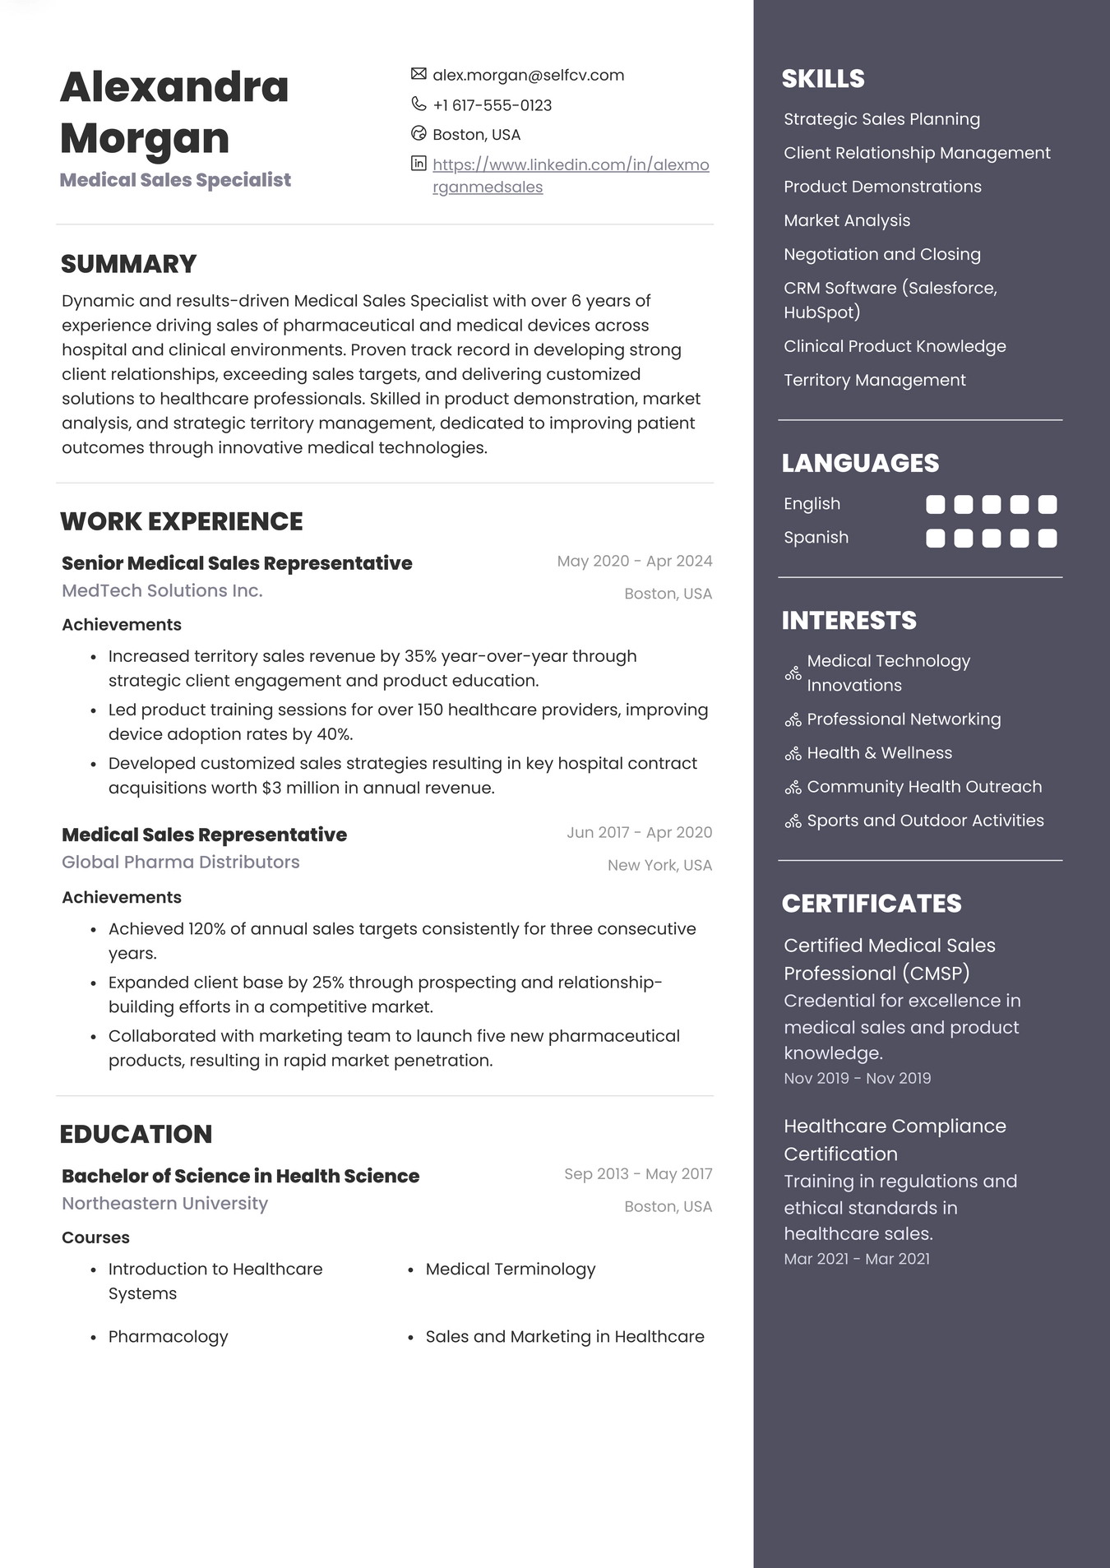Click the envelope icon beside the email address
(x=419, y=74)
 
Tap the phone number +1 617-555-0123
(x=492, y=105)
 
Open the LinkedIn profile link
(x=570, y=165)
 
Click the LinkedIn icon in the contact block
(x=419, y=163)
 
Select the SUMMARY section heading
(x=128, y=264)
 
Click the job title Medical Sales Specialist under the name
(x=175, y=180)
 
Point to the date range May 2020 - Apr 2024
(x=634, y=561)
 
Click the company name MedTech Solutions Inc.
(x=162, y=590)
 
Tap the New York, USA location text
(x=659, y=865)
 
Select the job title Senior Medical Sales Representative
(x=237, y=563)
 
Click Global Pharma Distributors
(x=180, y=862)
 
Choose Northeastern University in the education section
(x=164, y=1203)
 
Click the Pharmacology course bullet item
(x=168, y=1336)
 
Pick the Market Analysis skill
(x=847, y=220)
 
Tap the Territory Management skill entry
(x=874, y=380)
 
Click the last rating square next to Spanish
(x=1047, y=539)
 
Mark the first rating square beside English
(x=935, y=504)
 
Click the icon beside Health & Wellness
(x=793, y=753)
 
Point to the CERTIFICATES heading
(x=871, y=903)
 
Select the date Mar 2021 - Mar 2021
(x=857, y=1259)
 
